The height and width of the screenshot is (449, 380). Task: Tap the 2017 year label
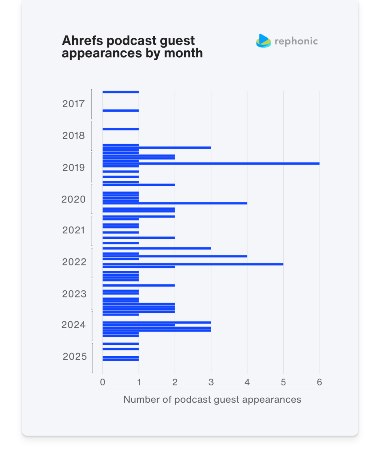[73, 104]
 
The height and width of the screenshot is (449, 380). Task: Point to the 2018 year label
[73, 136]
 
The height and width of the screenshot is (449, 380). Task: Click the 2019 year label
[73, 168]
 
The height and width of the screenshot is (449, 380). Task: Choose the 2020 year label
[73, 199]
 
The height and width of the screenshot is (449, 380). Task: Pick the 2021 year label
[73, 230]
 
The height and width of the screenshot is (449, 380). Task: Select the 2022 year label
[74, 262]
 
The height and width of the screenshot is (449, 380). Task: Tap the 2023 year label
[74, 294]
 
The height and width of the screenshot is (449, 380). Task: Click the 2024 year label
[73, 325]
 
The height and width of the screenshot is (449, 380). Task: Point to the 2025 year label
[75, 357]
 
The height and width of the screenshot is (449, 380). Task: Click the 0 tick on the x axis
[103, 382]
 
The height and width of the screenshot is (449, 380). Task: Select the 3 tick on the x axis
[211, 382]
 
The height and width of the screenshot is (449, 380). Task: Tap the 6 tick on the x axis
[319, 382]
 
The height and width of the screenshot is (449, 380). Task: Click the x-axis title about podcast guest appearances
[212, 400]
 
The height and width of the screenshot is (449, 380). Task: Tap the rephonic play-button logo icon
[263, 41]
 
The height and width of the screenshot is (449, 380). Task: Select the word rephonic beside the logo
[296, 41]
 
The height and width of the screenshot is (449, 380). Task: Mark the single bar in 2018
[121, 129]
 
